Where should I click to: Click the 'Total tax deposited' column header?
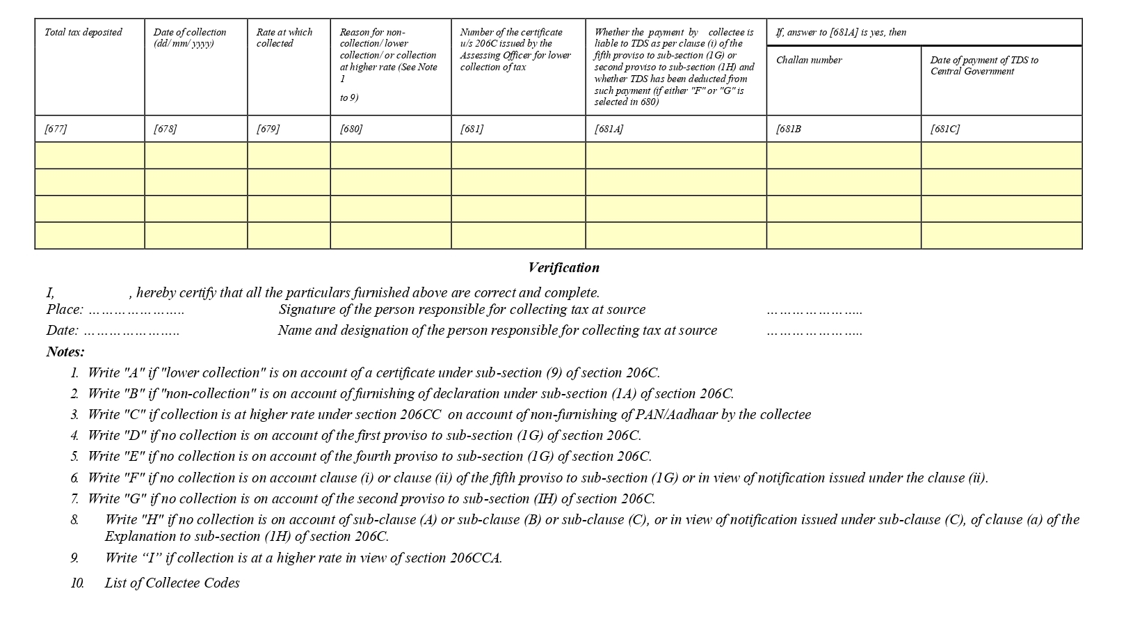pyautogui.click(x=83, y=32)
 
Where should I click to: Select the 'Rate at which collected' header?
pyautogui.click(x=284, y=38)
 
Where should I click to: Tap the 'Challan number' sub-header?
pyautogui.click(x=808, y=60)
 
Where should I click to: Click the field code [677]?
pyautogui.click(x=56, y=129)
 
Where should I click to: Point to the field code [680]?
pyautogui.click(x=351, y=129)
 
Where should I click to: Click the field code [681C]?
pyautogui.click(x=944, y=129)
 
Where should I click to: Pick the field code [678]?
pyautogui.click(x=165, y=129)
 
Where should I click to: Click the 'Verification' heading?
pyautogui.click(x=563, y=267)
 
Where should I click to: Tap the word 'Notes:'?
pyautogui.click(x=65, y=352)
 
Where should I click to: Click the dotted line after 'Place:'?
pyautogui.click(x=136, y=310)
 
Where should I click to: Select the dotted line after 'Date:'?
pyautogui.click(x=131, y=331)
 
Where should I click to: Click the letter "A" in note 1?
pyautogui.click(x=134, y=372)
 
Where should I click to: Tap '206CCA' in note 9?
pyautogui.click(x=476, y=558)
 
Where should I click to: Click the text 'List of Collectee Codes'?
pyautogui.click(x=172, y=583)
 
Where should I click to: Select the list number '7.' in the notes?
pyautogui.click(x=74, y=498)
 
